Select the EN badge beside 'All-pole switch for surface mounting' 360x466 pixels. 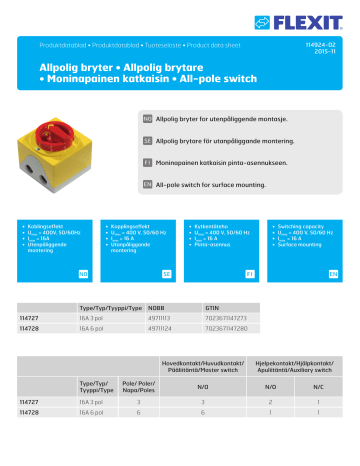pos(147,184)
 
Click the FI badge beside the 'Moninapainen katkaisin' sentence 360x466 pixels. pos(147,162)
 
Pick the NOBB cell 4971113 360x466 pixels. pos(158,319)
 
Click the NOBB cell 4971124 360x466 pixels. pos(158,328)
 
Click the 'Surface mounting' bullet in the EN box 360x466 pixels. pos(303,244)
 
